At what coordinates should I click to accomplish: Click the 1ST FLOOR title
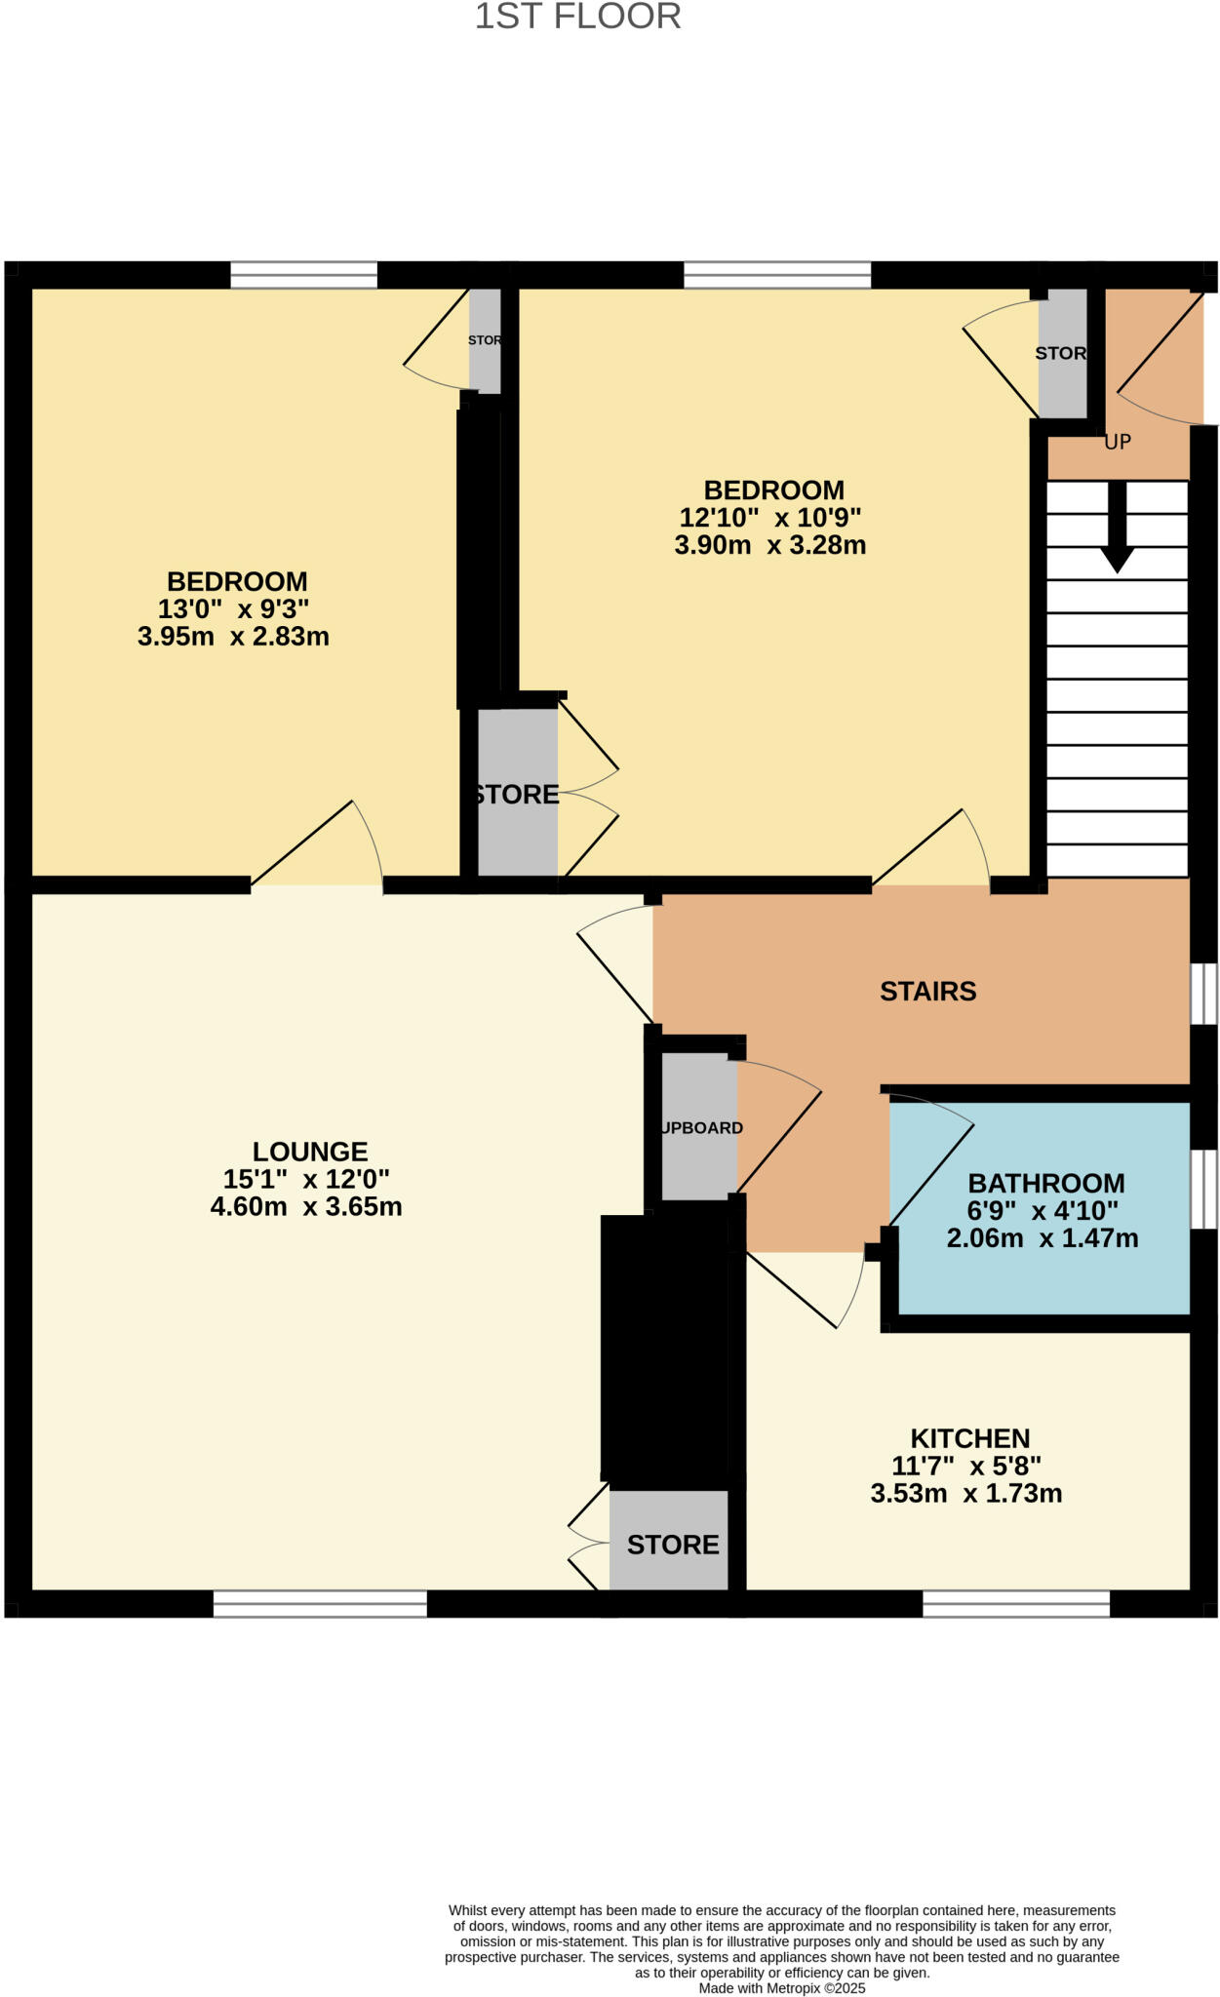click(x=577, y=17)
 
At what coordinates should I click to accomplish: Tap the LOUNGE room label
click(x=310, y=1152)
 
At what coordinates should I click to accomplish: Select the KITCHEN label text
click(x=969, y=1438)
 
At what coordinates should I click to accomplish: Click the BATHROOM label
click(x=1045, y=1183)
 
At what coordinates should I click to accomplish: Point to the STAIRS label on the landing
click(x=927, y=991)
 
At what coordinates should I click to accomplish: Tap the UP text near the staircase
click(x=1117, y=442)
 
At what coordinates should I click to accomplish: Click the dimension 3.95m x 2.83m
click(x=233, y=637)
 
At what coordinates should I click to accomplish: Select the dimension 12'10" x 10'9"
click(x=769, y=517)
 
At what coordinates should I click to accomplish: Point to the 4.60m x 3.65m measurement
click(x=306, y=1206)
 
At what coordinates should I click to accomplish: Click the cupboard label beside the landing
click(x=701, y=1127)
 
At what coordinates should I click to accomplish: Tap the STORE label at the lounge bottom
click(x=672, y=1545)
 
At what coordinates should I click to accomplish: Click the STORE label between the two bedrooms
click(x=517, y=794)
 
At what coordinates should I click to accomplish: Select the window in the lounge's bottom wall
click(x=320, y=1603)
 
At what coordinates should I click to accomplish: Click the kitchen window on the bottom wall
click(x=1015, y=1603)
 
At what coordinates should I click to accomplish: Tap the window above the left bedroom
click(x=303, y=275)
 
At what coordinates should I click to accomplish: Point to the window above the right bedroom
click(x=777, y=275)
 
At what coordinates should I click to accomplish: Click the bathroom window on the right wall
click(x=1204, y=1189)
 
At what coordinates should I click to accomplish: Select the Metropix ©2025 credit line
click(x=781, y=1988)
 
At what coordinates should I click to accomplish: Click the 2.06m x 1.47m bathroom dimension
click(x=1042, y=1238)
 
